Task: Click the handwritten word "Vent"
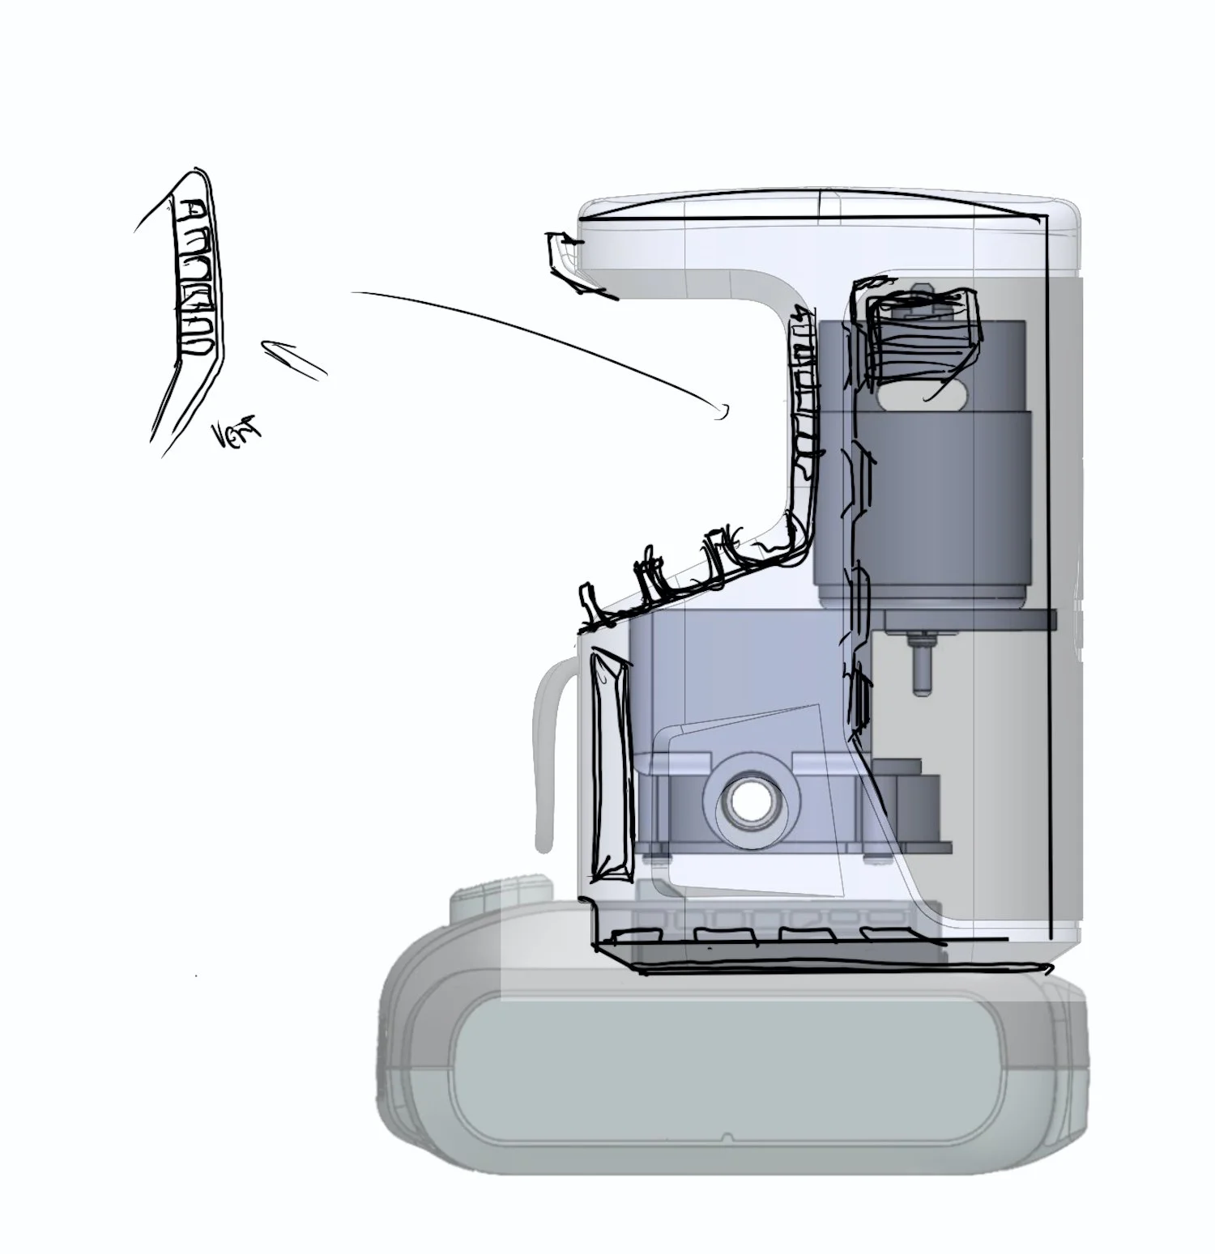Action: (x=237, y=436)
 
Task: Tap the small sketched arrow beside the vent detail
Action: (x=293, y=359)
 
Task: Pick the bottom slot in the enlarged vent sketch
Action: (x=198, y=346)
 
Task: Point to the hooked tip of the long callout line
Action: (x=720, y=412)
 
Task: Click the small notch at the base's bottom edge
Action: (x=727, y=1137)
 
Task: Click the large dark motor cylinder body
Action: (x=923, y=502)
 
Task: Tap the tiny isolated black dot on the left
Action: (x=196, y=977)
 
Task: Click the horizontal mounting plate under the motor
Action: (x=969, y=620)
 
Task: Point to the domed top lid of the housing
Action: (x=826, y=208)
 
